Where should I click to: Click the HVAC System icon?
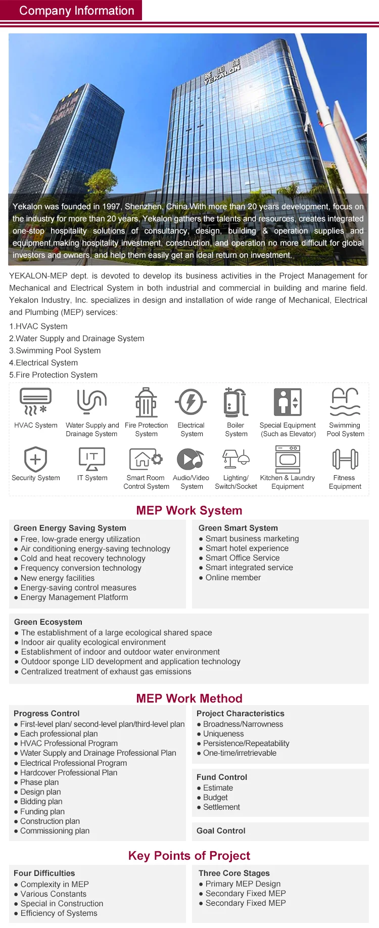pyautogui.click(x=35, y=402)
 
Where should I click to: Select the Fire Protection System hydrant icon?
pyautogui.click(x=146, y=402)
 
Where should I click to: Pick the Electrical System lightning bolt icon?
pyautogui.click(x=191, y=402)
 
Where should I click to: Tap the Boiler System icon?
pyautogui.click(x=235, y=402)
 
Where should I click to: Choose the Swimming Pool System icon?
pyautogui.click(x=345, y=402)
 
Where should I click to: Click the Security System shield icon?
pyautogui.click(x=35, y=459)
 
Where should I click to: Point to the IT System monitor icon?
pyautogui.click(x=92, y=458)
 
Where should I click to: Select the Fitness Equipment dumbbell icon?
pyautogui.click(x=345, y=459)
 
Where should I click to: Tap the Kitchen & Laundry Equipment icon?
pyautogui.click(x=288, y=459)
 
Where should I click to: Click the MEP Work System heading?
pyautogui.click(x=189, y=511)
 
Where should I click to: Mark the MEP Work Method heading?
pyautogui.click(x=189, y=699)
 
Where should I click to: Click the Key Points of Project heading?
pyautogui.click(x=189, y=856)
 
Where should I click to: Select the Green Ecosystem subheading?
pyautogui.click(x=48, y=622)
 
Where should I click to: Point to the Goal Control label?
pyautogui.click(x=221, y=831)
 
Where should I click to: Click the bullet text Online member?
pyautogui.click(x=233, y=577)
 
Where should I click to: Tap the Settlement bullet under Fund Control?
pyautogui.click(x=221, y=807)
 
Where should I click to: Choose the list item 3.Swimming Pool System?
pyautogui.click(x=55, y=351)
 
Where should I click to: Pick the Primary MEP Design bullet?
pyautogui.click(x=243, y=884)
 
